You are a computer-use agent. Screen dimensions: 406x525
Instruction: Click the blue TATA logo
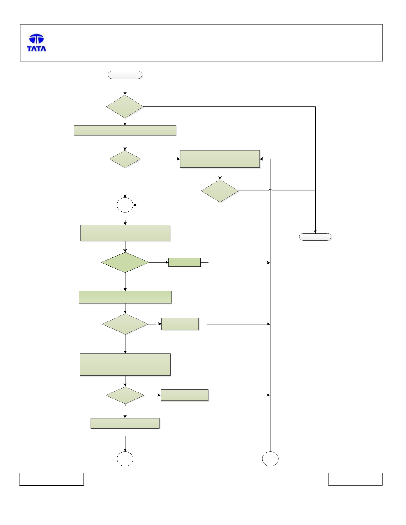tap(36, 42)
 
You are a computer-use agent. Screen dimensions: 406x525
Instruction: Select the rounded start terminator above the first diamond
tap(125, 75)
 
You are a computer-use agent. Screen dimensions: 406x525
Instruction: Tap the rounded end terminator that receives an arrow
tap(315, 237)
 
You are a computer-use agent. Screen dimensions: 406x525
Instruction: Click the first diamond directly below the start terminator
tap(125, 106)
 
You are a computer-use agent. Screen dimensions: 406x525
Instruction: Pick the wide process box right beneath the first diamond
tap(125, 130)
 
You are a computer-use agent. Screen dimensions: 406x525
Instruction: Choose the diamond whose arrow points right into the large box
tap(125, 159)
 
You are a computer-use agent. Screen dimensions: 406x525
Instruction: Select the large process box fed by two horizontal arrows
tap(220, 159)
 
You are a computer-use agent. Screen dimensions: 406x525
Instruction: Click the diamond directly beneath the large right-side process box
tap(220, 191)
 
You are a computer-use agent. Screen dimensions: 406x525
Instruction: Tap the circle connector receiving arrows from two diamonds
tap(125, 205)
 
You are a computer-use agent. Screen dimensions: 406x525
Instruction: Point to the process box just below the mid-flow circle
tap(125, 233)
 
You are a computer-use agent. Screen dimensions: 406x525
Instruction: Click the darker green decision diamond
tap(125, 262)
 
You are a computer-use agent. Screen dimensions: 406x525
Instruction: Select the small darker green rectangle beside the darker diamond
tap(184, 262)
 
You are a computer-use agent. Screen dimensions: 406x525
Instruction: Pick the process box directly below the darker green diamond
tap(125, 297)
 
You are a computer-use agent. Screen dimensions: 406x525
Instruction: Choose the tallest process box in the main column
tap(125, 365)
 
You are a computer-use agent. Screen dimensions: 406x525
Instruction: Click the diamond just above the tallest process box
tap(125, 324)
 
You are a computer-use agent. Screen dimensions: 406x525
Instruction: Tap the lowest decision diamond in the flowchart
tap(125, 395)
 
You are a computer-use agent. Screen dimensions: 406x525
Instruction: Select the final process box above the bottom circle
tap(125, 423)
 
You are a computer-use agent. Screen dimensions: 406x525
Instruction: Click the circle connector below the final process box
tap(125, 459)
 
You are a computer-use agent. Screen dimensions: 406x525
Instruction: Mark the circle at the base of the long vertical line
tap(270, 459)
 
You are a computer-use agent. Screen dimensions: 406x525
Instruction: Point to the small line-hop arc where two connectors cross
tap(270, 190)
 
